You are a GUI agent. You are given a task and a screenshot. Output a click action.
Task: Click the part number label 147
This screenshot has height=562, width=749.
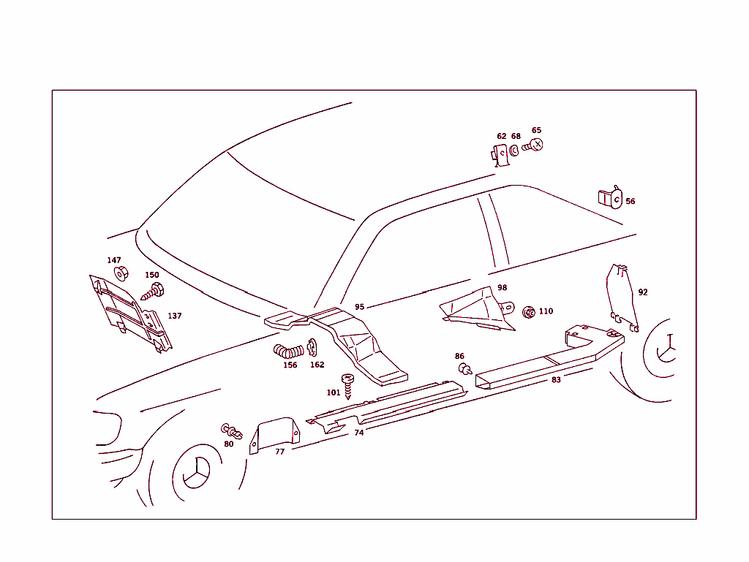click(x=113, y=260)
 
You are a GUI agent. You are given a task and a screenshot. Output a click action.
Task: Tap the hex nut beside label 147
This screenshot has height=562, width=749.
click(x=121, y=273)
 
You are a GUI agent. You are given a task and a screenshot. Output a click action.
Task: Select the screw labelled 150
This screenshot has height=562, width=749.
click(x=153, y=292)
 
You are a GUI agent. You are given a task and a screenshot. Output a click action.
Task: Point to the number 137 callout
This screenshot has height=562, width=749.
click(x=174, y=316)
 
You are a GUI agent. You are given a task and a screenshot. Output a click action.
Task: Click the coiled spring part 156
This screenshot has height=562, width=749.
click(x=288, y=352)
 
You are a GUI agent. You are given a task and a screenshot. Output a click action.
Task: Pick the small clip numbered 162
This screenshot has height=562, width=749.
click(x=312, y=347)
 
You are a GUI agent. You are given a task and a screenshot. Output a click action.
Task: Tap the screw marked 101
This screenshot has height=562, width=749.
click(x=347, y=386)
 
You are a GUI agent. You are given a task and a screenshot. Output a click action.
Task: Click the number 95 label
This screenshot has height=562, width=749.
click(x=359, y=307)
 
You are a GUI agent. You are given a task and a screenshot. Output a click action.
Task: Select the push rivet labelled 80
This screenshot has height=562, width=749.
click(x=232, y=431)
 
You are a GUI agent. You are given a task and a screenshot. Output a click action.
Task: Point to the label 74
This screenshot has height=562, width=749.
click(x=358, y=433)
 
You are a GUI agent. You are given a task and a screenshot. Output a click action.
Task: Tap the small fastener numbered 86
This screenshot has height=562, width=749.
click(x=464, y=369)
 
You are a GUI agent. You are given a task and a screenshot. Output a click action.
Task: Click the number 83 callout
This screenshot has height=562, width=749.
click(x=556, y=380)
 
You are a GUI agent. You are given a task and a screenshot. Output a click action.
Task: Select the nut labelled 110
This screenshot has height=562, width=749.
click(x=529, y=313)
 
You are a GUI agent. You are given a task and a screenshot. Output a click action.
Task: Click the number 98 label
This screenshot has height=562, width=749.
click(x=502, y=287)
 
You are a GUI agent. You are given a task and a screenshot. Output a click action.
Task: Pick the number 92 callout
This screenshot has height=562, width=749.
click(x=643, y=292)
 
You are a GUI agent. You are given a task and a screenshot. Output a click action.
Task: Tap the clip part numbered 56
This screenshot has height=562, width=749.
click(x=611, y=197)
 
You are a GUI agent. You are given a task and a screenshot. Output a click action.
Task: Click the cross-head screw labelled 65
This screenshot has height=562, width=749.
click(x=532, y=145)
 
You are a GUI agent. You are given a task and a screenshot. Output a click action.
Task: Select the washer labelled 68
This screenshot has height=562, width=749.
click(x=514, y=151)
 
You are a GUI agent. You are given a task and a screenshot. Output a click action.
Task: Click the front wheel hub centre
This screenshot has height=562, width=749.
click(x=196, y=472)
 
